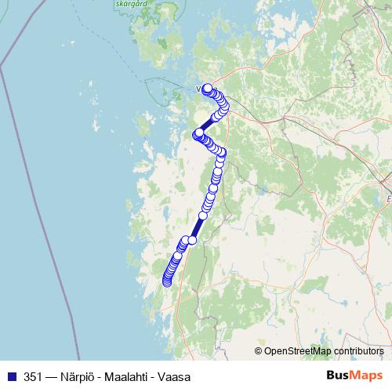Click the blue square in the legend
pyautogui.click(x=11, y=376)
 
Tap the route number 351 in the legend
pyautogui.click(x=34, y=376)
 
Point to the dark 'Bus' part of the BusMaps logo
pyautogui.click(x=339, y=376)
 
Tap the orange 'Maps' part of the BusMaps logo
pyautogui.click(x=368, y=376)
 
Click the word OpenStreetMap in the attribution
pyautogui.click(x=298, y=351)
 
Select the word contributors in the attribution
pyautogui.click(x=358, y=351)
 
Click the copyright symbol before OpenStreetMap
pyautogui.click(x=259, y=351)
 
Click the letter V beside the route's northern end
pyautogui.click(x=199, y=89)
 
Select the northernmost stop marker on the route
pyautogui.click(x=208, y=89)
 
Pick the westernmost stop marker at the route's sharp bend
pyautogui.click(x=198, y=132)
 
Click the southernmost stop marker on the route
pyautogui.click(x=166, y=282)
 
